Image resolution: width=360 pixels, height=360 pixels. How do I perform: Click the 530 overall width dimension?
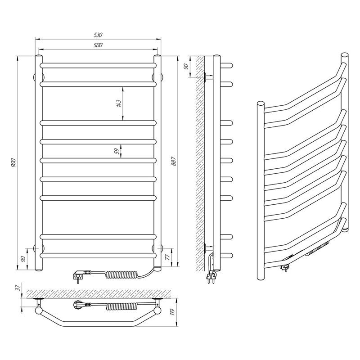pos(98,35)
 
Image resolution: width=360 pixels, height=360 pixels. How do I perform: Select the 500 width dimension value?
pos(98,45)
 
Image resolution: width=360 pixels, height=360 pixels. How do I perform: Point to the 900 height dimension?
pos(13,162)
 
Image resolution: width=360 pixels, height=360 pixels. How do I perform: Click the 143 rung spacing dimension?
pos(118,103)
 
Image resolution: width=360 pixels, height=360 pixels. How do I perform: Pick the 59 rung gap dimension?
pos(117,151)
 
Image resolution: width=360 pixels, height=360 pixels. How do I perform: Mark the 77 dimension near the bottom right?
pos(167,257)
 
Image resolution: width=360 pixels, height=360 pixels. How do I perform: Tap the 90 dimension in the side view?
pos(186,66)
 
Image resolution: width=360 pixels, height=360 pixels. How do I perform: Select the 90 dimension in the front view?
pos(23,259)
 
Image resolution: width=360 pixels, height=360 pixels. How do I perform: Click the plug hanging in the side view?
pos(211,278)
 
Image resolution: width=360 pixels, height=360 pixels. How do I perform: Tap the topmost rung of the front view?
pos(98,65)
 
